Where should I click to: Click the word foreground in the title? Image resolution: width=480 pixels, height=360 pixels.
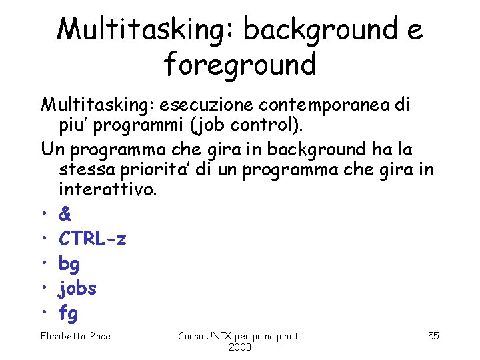click(x=239, y=65)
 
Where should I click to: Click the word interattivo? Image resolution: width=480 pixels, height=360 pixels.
click(x=108, y=189)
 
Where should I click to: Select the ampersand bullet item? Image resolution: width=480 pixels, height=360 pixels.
click(x=65, y=215)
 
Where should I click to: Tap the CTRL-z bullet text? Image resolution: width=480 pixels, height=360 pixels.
click(x=92, y=239)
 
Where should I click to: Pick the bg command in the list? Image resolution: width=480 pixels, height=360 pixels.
click(x=69, y=265)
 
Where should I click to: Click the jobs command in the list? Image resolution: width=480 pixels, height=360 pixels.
click(x=77, y=289)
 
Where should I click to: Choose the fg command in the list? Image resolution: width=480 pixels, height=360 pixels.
click(x=68, y=313)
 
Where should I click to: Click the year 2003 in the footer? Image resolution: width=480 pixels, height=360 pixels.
click(x=239, y=348)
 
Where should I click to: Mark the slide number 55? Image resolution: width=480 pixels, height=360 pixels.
click(x=433, y=336)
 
